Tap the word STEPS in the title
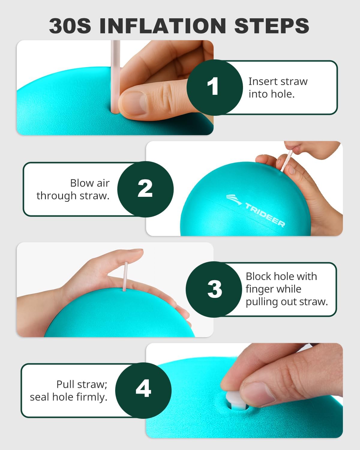pyautogui.click(x=271, y=26)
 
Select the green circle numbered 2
pyautogui.click(x=145, y=189)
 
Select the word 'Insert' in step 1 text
pyautogui.click(x=263, y=81)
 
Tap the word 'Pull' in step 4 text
pyautogui.click(x=67, y=384)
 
